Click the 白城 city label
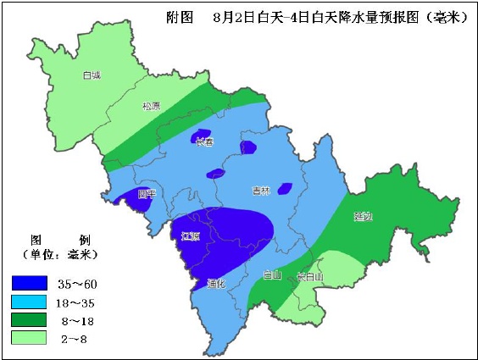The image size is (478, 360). pyautogui.click(x=92, y=75)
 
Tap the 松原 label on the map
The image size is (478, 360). pyautogui.click(x=151, y=107)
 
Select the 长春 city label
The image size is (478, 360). pyautogui.click(x=203, y=141)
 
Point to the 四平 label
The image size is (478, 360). pyautogui.click(x=147, y=194)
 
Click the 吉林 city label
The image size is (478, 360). pyautogui.click(x=260, y=191)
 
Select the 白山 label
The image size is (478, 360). pyautogui.click(x=271, y=274)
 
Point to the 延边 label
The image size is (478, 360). pyautogui.click(x=363, y=217)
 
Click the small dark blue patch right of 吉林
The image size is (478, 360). pyautogui.click(x=286, y=188)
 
